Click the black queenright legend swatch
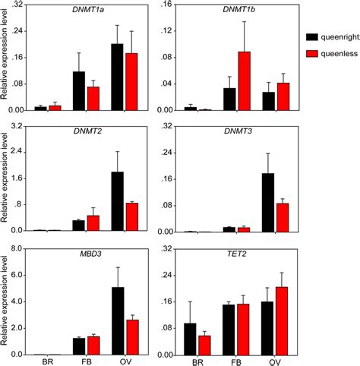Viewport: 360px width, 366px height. tap(311, 36)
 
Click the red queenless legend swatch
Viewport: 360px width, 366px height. tap(311, 54)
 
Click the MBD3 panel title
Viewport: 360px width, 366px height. tap(79, 255)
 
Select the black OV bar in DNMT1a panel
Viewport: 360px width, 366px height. tap(117, 77)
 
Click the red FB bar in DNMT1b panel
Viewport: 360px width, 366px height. tap(244, 80)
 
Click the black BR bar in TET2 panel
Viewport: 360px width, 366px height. tap(190, 339)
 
